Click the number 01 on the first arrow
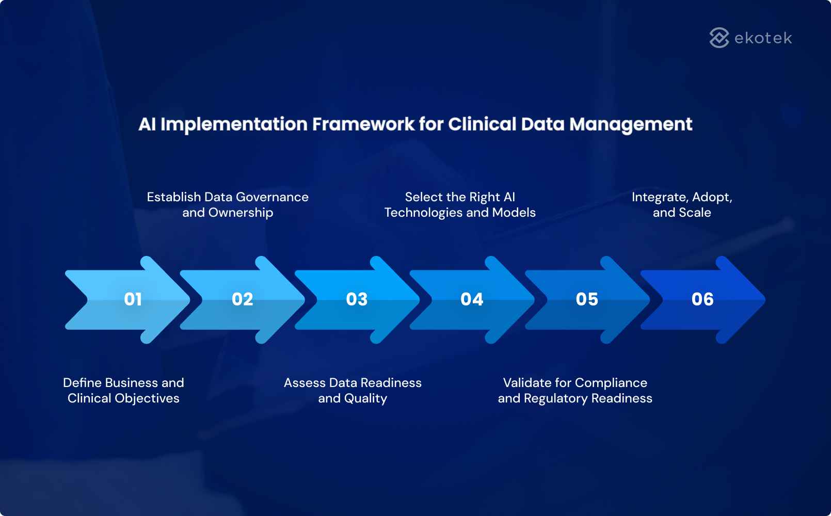pyautogui.click(x=133, y=299)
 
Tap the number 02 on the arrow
pyautogui.click(x=243, y=299)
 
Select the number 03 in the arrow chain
pyautogui.click(x=357, y=299)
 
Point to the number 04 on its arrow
pyautogui.click(x=472, y=299)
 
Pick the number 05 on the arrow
pyautogui.click(x=587, y=299)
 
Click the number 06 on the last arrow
pyautogui.click(x=702, y=299)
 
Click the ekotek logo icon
pyautogui.click(x=719, y=38)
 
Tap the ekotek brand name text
pyautogui.click(x=763, y=38)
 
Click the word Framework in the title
pyautogui.click(x=363, y=124)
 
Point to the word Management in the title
pyautogui.click(x=631, y=124)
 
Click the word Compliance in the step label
pyautogui.click(x=611, y=383)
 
